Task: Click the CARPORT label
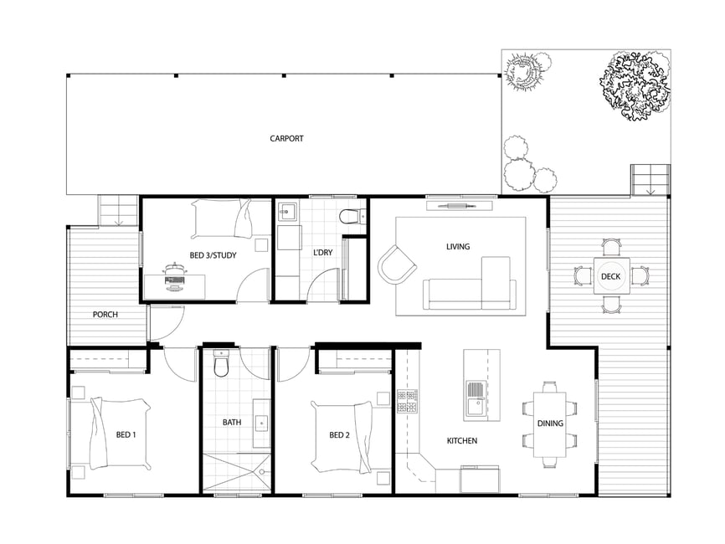[x=286, y=138]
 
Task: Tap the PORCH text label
[x=105, y=315]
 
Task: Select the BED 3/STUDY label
[x=213, y=255]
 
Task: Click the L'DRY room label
[x=323, y=253]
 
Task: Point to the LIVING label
[x=458, y=246]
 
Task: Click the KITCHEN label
[x=462, y=441]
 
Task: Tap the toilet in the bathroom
[x=221, y=363]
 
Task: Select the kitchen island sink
[x=474, y=399]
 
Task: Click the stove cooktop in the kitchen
[x=407, y=401]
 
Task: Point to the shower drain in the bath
[x=262, y=472]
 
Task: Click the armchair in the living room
[x=397, y=264]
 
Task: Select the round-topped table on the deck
[x=611, y=276]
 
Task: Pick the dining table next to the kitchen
[x=550, y=424]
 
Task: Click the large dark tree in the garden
[x=635, y=85]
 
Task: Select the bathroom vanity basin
[x=262, y=423]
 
